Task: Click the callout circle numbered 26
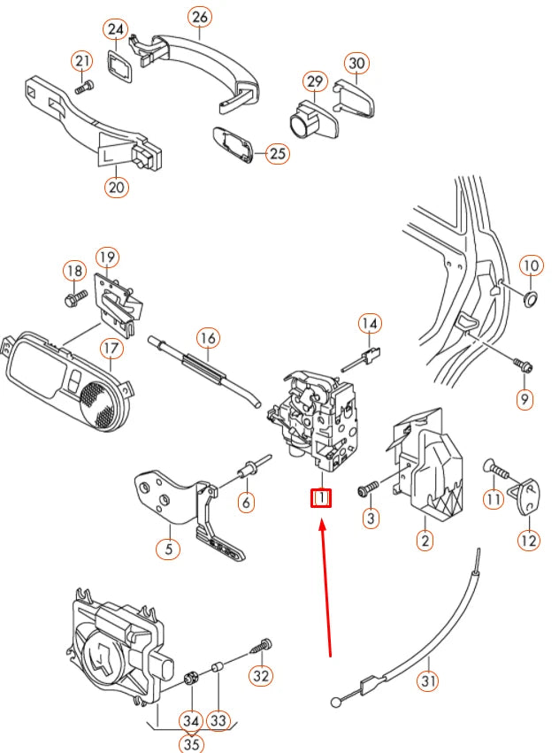click(x=201, y=17)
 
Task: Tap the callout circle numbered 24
click(x=117, y=30)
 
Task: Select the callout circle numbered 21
click(x=82, y=61)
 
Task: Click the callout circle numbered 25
click(x=279, y=154)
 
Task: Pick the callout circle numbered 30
click(x=356, y=64)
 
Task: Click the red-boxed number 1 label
click(x=320, y=499)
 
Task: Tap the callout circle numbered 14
click(x=371, y=325)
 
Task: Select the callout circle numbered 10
click(x=530, y=265)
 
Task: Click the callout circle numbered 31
click(x=429, y=681)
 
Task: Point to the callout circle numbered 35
click(x=190, y=743)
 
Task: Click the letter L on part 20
click(x=108, y=155)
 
